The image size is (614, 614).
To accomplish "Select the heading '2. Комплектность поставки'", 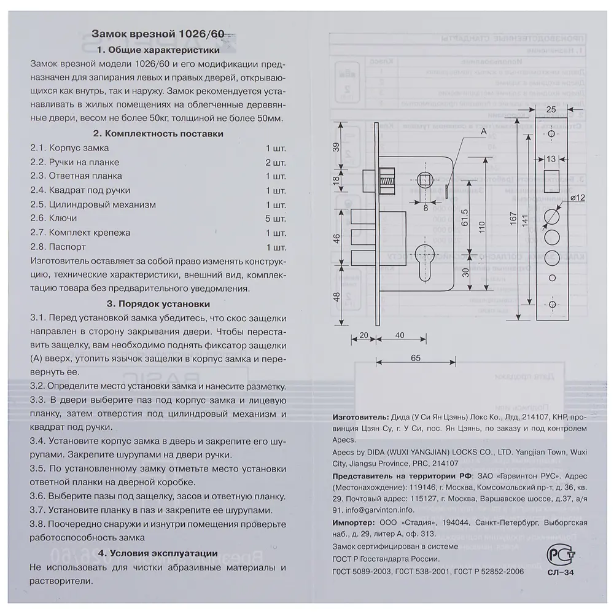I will click(x=158, y=133).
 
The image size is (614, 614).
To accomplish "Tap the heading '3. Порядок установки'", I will click(x=158, y=303).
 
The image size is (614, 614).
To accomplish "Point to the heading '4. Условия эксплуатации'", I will click(x=158, y=553).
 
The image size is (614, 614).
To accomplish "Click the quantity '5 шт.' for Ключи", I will click(x=276, y=219).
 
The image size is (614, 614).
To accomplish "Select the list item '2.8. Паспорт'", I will click(x=54, y=247).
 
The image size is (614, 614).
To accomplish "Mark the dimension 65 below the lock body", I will click(x=414, y=357).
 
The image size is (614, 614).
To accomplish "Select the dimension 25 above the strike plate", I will click(x=551, y=109).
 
